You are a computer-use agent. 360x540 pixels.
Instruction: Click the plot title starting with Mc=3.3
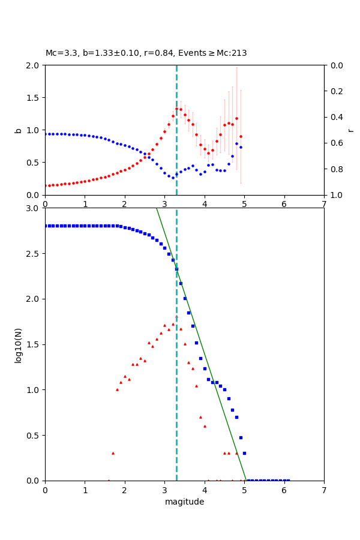[146, 53]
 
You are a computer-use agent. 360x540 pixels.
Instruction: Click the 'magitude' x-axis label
[184, 502]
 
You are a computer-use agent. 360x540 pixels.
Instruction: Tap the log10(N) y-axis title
[18, 344]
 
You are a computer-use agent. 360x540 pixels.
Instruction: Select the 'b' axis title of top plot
[18, 130]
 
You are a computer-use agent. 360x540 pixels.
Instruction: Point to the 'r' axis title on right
[350, 130]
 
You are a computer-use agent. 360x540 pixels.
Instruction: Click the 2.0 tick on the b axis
[34, 65]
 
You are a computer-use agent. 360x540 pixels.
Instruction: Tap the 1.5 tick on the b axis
[34, 98]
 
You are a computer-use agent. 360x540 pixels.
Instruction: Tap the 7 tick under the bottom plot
[324, 490]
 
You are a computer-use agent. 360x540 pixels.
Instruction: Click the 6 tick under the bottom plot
[284, 490]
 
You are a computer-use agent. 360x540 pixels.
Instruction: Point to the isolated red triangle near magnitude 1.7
[113, 453]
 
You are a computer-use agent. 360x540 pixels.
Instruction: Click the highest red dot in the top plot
[176, 109]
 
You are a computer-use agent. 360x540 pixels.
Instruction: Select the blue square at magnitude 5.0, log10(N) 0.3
[244, 453]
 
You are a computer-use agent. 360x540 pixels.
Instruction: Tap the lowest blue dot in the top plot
[173, 178]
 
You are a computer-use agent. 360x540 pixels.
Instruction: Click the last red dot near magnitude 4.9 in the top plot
[241, 136]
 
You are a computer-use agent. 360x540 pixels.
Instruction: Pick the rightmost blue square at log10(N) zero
[288, 480]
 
